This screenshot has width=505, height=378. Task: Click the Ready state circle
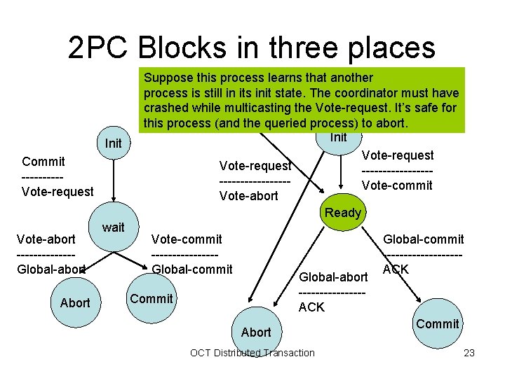click(343, 213)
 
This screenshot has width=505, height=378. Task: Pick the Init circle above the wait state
click(113, 143)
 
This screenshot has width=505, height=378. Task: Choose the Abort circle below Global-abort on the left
click(75, 302)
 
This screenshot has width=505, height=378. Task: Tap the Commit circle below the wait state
click(151, 299)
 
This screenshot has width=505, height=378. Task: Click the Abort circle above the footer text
click(256, 332)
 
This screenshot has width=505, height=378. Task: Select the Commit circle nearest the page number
click(437, 323)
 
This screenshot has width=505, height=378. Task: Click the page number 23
click(469, 353)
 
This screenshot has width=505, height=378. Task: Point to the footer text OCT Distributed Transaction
click(252, 353)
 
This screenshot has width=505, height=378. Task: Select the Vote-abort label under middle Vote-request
click(248, 196)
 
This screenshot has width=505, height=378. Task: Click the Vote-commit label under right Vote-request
click(397, 185)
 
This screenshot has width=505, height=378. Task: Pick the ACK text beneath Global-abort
click(311, 307)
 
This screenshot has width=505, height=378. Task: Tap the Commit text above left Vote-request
click(43, 162)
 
